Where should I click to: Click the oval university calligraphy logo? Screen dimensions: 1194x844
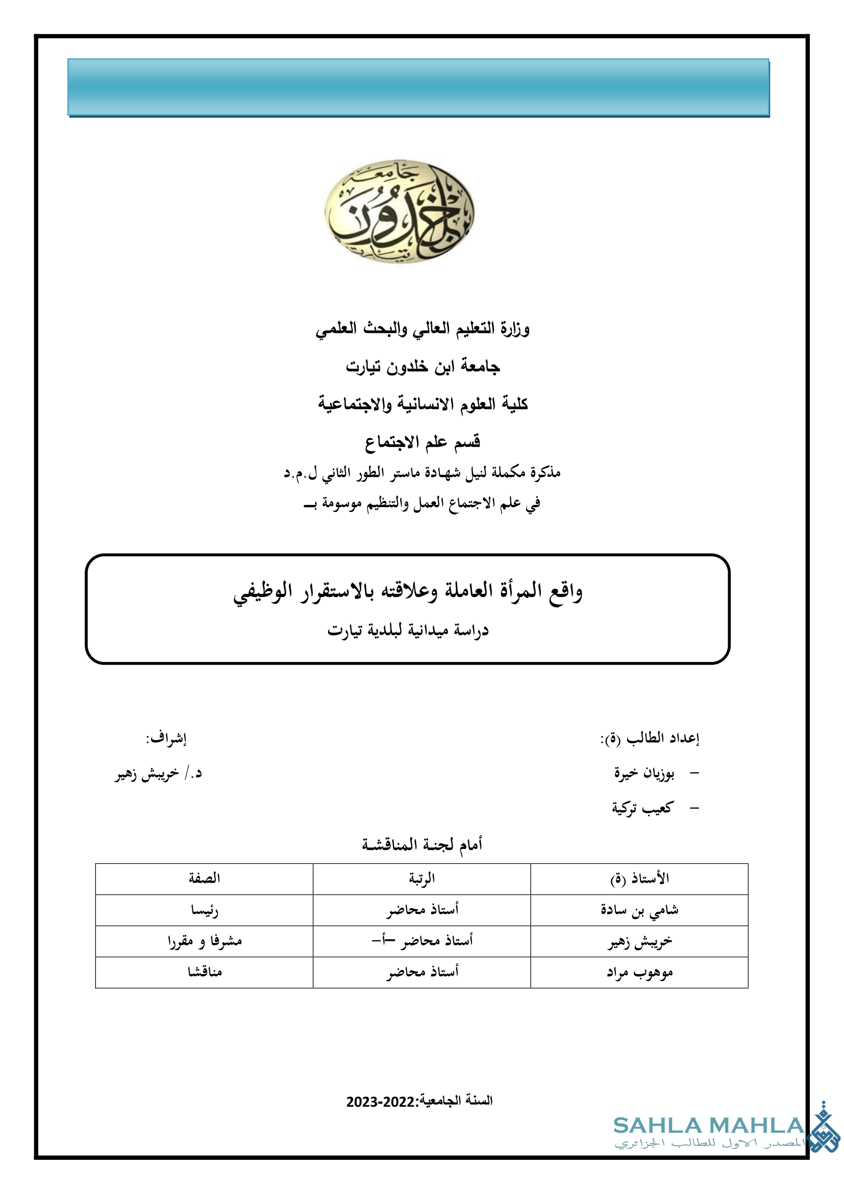(x=400, y=211)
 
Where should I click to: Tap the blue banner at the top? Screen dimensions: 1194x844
(x=418, y=87)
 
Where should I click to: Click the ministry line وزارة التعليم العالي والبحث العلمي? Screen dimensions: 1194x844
(x=422, y=329)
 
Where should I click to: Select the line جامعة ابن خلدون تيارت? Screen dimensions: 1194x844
(x=423, y=367)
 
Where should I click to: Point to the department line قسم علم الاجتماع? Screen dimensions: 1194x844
(x=422, y=443)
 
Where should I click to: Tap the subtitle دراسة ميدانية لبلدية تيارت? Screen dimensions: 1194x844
(x=408, y=631)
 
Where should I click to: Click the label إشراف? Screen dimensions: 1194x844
(x=166, y=739)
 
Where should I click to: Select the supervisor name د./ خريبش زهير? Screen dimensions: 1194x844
(x=158, y=774)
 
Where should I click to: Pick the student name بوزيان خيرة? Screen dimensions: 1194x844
(x=644, y=774)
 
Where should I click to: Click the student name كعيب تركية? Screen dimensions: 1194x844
(x=642, y=808)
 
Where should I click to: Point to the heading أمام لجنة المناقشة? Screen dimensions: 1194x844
(x=422, y=844)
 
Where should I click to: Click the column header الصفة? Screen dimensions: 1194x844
(x=204, y=879)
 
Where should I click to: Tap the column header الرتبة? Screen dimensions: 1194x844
(x=421, y=879)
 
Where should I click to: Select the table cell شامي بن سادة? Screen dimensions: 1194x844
(x=639, y=910)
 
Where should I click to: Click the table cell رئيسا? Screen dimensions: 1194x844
(x=204, y=910)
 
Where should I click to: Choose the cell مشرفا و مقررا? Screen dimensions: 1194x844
(x=204, y=941)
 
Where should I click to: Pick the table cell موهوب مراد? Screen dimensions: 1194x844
(x=639, y=972)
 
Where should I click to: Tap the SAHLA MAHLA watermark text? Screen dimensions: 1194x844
(x=708, y=1126)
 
